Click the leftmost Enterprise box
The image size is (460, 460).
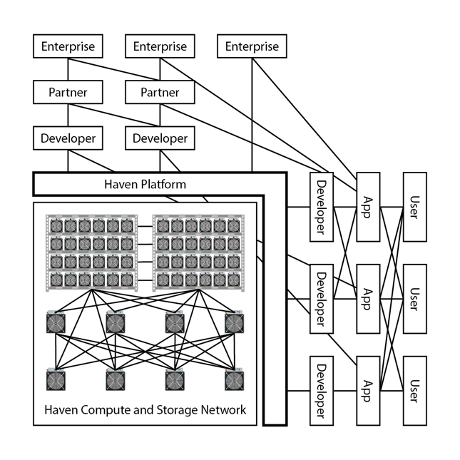(x=68, y=47)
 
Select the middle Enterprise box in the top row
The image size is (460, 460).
(x=160, y=47)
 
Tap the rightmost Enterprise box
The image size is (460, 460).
(x=252, y=47)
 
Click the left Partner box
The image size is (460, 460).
(x=68, y=92)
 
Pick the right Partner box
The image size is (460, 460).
(x=160, y=92)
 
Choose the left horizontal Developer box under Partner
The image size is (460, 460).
(x=68, y=138)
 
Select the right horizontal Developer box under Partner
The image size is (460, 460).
(x=160, y=138)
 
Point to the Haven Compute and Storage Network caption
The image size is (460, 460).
(x=145, y=410)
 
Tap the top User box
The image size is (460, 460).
(x=415, y=207)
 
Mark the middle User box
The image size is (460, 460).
(x=415, y=298)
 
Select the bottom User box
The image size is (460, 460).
(x=415, y=390)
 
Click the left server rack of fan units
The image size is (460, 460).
(x=91, y=252)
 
